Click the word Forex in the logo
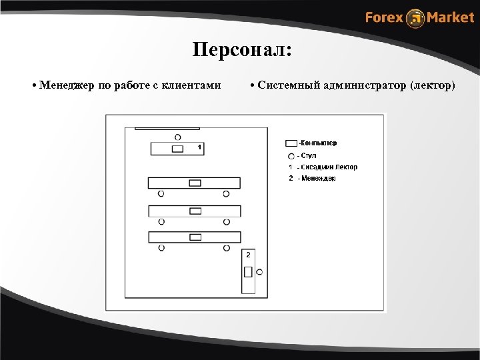tap(384, 17)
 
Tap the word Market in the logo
tap(450, 17)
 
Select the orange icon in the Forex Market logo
tap(415, 18)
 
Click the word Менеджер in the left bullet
tap(67, 85)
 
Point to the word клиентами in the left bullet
tap(194, 85)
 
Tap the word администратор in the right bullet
tap(365, 85)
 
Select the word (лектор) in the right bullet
tap(433, 85)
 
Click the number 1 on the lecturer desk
tap(199, 145)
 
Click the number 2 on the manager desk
tap(248, 255)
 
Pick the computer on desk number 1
tap(177, 149)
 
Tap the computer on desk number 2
tap(248, 271)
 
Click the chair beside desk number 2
tap(259, 272)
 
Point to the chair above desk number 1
tap(177, 137)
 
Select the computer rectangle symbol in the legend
tap(291, 143)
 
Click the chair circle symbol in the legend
tap(291, 156)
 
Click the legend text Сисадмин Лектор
tap(329, 167)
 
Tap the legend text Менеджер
tap(319, 179)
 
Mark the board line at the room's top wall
tap(167, 128)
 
